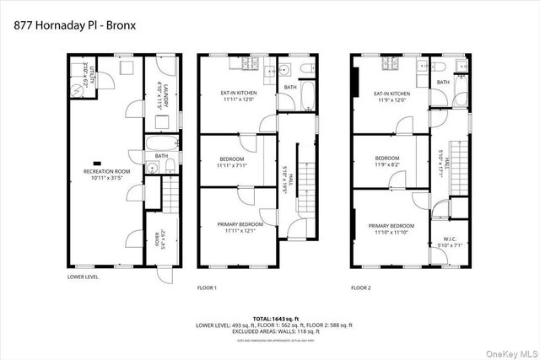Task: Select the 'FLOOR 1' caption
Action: point(208,287)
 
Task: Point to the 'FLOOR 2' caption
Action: point(361,287)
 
